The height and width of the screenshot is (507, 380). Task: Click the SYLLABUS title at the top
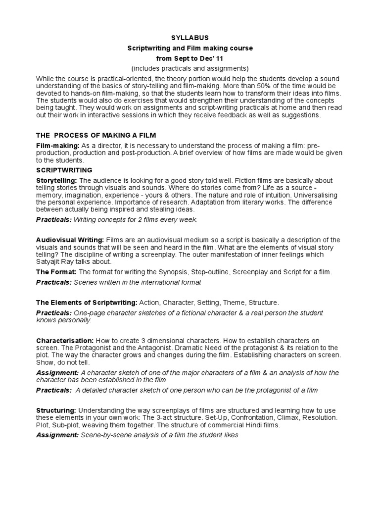click(x=190, y=37)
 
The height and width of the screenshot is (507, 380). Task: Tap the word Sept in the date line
click(x=177, y=58)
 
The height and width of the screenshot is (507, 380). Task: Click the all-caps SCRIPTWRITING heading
click(x=64, y=170)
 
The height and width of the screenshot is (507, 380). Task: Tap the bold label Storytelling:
click(x=56, y=181)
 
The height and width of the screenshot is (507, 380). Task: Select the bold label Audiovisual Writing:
click(x=70, y=240)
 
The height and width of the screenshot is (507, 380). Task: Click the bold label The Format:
click(x=56, y=272)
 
